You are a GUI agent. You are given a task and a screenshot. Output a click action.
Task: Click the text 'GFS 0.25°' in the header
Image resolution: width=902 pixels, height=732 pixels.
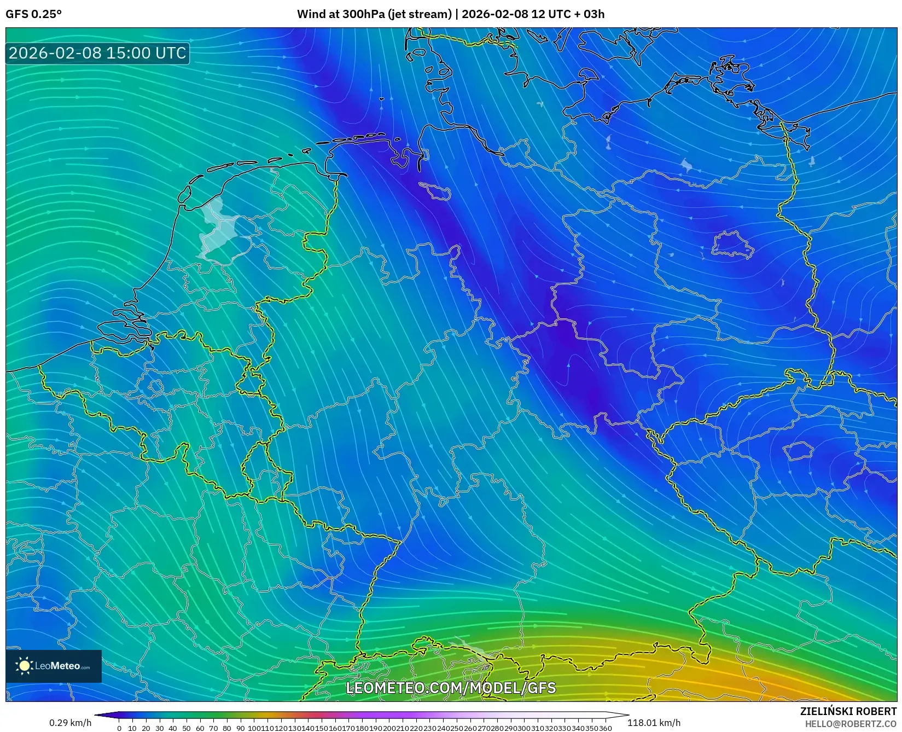33,14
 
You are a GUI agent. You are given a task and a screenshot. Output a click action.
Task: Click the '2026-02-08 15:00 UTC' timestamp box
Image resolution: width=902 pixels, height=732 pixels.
97,53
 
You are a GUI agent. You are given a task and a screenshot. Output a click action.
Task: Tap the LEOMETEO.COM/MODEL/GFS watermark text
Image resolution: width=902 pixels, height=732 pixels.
451,688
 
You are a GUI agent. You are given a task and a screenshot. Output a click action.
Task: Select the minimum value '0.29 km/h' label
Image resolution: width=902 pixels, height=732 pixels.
70,723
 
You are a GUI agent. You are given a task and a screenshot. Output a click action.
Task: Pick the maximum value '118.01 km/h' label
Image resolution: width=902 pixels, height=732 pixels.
654,723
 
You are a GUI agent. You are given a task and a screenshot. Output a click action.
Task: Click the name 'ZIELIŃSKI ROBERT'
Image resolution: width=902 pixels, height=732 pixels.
848,711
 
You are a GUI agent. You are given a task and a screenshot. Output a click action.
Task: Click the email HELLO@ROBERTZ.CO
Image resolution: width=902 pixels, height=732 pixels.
851,724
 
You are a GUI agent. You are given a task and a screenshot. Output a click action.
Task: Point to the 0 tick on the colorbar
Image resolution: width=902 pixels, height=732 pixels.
119,728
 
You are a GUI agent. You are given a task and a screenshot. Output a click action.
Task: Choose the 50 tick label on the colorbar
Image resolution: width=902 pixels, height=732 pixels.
186,728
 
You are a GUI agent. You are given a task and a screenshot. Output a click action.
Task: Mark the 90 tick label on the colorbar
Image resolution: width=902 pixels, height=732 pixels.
240,728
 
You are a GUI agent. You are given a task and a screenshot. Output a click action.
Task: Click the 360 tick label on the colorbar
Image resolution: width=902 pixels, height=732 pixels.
605,728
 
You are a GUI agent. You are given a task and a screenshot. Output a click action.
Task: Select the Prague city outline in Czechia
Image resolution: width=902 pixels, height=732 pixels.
799,451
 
